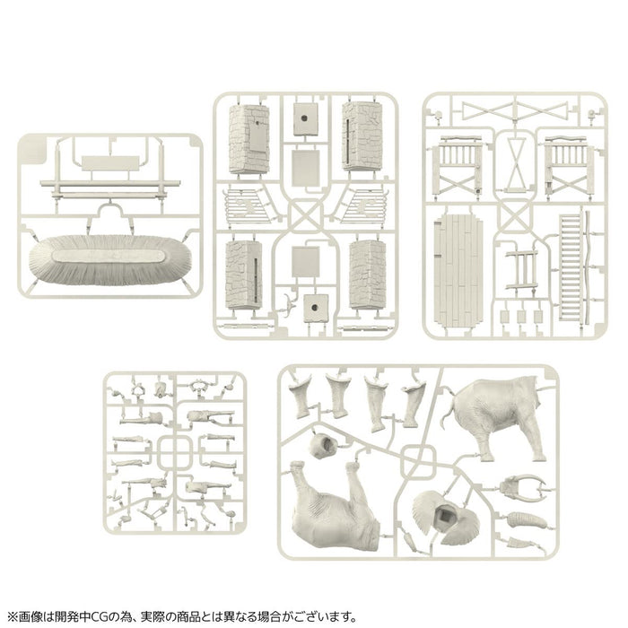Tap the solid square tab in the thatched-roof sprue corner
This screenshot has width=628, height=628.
(x=36, y=144)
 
